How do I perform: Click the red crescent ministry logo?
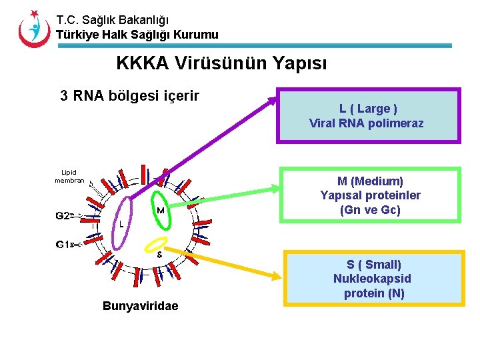tap(34, 29)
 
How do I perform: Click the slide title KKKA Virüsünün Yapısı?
tap(221, 63)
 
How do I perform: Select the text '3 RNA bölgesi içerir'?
tap(129, 95)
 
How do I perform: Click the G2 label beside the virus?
tap(63, 216)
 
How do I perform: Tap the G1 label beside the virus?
tap(63, 244)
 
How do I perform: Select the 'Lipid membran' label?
tap(69, 176)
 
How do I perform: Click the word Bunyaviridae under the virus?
tap(141, 306)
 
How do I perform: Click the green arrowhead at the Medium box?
tap(275, 189)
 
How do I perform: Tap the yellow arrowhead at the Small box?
tap(277, 276)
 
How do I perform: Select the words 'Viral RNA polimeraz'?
tap(367, 123)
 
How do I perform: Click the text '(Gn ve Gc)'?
tap(370, 210)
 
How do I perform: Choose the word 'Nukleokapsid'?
tap(372, 279)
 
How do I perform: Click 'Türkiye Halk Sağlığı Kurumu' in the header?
tap(137, 35)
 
